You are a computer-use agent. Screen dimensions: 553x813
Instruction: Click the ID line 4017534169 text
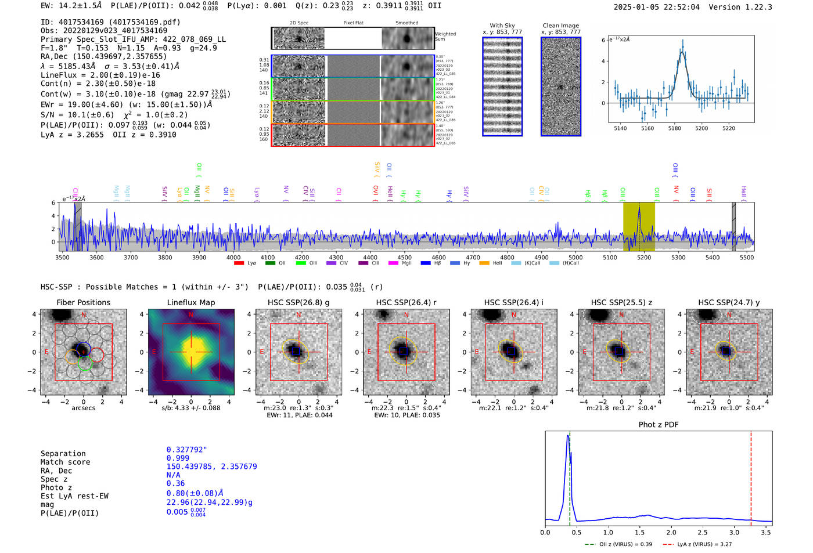coord(110,22)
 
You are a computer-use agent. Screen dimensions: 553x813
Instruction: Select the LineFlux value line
coord(100,75)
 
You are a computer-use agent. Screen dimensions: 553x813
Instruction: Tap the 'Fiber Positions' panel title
coord(83,302)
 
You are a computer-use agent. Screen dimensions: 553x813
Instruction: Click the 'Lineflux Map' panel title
coord(191,302)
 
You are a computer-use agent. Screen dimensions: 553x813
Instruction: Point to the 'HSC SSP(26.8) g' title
coord(298,302)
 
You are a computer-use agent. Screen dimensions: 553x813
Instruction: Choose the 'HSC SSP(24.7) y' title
coord(729,302)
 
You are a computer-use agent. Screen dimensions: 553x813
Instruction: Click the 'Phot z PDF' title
coord(659,425)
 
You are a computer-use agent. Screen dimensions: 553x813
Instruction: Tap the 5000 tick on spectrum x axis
coord(575,257)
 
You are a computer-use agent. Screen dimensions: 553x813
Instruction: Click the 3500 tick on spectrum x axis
coord(62,257)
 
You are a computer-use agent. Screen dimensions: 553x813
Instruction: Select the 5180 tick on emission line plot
coord(674,128)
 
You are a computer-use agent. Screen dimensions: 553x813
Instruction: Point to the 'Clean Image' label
coord(560,26)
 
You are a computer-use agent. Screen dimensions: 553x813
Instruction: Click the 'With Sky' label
coord(502,26)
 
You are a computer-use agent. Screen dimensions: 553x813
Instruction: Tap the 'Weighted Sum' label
coord(445,37)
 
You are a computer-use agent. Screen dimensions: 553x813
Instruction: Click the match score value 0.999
coord(178,458)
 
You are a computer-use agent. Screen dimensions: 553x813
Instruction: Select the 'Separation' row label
coord(63,454)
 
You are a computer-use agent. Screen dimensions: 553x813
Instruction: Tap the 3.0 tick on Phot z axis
coord(735,532)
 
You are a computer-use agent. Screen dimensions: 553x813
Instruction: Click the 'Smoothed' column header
coord(406,23)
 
